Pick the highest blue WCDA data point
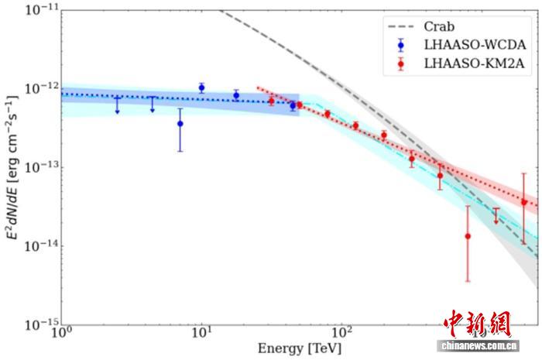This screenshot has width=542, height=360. [x=201, y=87]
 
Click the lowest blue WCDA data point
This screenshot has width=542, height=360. [x=180, y=123]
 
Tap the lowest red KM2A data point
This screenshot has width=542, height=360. [x=468, y=236]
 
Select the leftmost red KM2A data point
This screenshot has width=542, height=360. [x=271, y=101]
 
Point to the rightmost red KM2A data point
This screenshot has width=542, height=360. [x=524, y=203]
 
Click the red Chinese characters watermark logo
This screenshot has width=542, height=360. [x=477, y=324]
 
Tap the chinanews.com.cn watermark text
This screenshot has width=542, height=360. [x=477, y=345]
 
